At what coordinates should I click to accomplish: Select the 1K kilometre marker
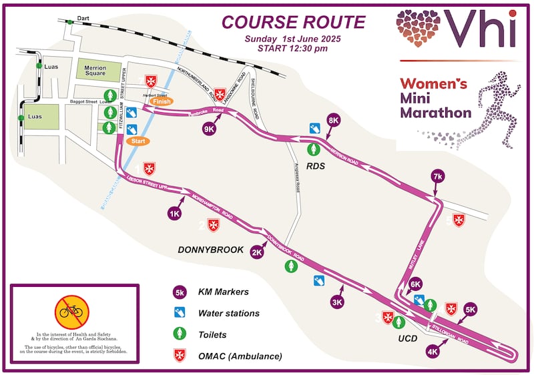(x=175, y=214)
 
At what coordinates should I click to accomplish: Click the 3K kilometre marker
(x=337, y=302)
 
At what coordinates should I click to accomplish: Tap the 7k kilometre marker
(x=438, y=176)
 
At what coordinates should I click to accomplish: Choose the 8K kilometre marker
(x=334, y=120)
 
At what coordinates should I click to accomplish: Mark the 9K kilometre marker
(x=210, y=129)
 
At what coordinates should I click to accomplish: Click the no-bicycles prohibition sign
(x=72, y=310)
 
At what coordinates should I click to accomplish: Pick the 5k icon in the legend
(x=180, y=292)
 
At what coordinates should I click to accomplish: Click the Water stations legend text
(x=229, y=312)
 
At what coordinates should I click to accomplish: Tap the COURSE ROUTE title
(x=294, y=21)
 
